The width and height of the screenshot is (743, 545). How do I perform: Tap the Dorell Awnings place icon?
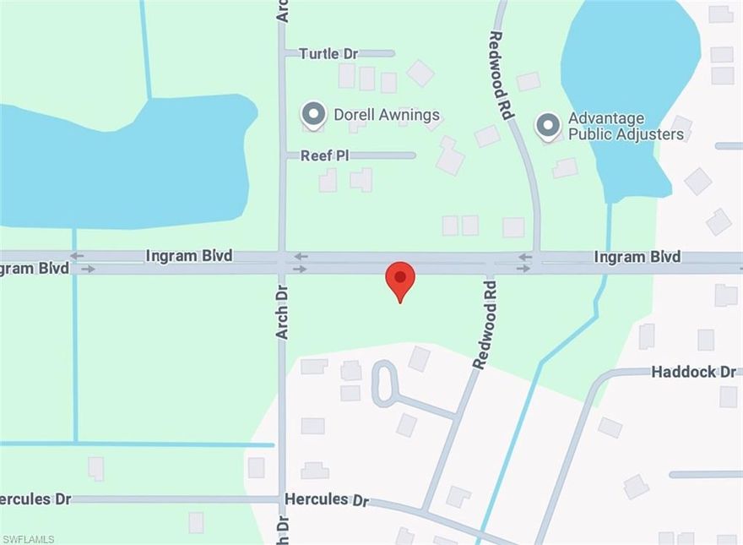click(x=314, y=114)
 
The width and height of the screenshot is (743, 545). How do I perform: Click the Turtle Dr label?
click(x=328, y=53)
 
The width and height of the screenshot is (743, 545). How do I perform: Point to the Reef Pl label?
click(x=325, y=155)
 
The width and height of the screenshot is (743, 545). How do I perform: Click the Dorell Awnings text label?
click(x=386, y=114)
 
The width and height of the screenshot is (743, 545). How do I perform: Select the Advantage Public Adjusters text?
click(x=613, y=126)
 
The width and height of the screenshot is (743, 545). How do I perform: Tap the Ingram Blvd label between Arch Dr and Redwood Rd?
click(x=188, y=255)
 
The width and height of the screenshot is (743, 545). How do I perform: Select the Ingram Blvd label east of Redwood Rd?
click(x=637, y=256)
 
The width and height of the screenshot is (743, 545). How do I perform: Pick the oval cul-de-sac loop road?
click(x=385, y=383)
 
